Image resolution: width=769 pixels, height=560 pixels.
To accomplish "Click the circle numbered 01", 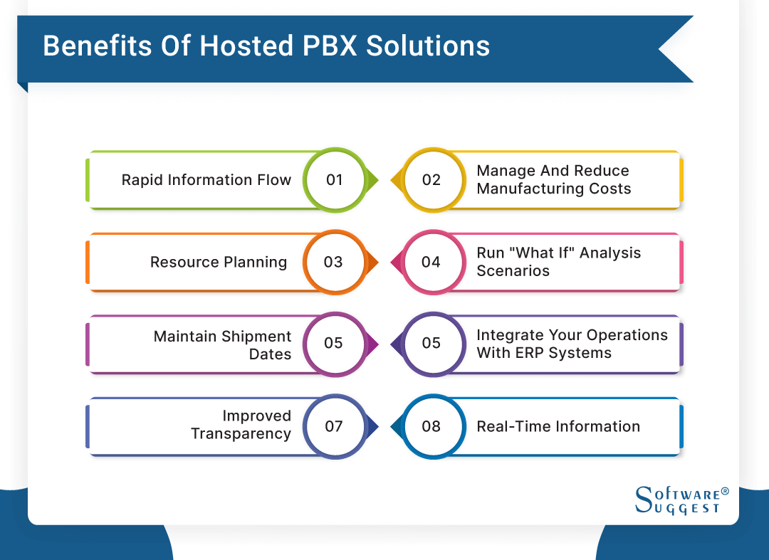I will click(x=334, y=180).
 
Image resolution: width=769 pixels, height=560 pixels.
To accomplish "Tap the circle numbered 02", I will click(x=431, y=180).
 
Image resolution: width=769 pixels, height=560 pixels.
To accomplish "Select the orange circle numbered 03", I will click(x=333, y=262).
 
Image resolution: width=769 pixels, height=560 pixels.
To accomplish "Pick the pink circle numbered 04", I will click(x=431, y=262).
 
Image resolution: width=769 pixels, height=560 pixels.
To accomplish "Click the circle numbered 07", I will click(x=333, y=426).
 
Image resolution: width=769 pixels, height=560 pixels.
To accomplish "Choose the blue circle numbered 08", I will click(x=431, y=426).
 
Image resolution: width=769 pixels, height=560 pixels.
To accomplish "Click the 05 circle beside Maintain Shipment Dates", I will click(x=333, y=343).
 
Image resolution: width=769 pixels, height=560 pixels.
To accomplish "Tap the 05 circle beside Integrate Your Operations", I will click(x=431, y=343).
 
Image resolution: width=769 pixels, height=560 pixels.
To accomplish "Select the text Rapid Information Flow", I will click(x=206, y=180).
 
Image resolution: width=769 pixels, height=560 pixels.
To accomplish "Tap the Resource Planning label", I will click(x=219, y=263).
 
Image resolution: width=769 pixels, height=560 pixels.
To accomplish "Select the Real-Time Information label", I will click(x=558, y=427).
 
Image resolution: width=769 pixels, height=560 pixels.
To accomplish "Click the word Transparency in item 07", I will click(x=241, y=434).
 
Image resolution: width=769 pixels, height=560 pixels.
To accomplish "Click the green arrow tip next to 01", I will click(x=375, y=180).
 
